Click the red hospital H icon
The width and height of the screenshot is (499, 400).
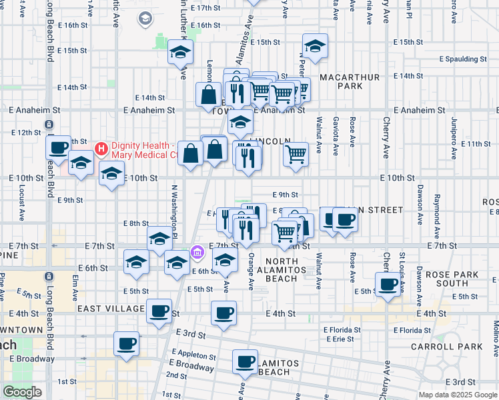pos(101,148)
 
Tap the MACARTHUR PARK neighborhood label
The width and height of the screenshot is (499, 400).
pos(350,82)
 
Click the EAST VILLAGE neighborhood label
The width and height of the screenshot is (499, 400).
pos(111,309)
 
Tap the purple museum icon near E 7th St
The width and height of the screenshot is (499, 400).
pos(197,252)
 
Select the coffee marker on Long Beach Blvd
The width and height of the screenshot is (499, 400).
pos(59,147)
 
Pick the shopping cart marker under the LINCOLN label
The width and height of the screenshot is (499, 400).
pos(296,154)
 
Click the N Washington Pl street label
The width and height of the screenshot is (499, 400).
pos(173,211)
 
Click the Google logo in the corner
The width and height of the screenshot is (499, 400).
pos(22,392)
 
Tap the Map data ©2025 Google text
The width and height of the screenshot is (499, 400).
pos(458,395)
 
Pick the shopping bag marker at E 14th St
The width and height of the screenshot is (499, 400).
pos(209,94)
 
